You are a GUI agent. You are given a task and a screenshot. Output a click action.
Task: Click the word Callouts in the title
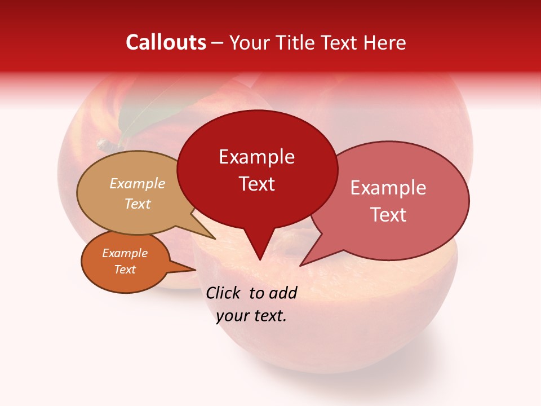click(166, 42)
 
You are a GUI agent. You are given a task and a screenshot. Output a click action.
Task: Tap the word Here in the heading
click(385, 42)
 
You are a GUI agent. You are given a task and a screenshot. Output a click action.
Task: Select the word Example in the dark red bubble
click(256, 157)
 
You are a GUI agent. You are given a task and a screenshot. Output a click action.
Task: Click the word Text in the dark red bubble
click(256, 184)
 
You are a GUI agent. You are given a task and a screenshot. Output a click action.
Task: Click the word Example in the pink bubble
click(388, 188)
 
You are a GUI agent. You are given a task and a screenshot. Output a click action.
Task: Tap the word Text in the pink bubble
click(388, 214)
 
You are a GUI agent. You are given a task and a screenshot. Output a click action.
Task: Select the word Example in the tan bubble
click(137, 184)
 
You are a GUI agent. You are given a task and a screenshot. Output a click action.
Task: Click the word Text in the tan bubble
click(137, 204)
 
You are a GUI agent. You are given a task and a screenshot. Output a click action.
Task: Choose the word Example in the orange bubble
click(125, 253)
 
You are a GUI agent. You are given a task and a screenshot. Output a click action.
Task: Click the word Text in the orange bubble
click(125, 270)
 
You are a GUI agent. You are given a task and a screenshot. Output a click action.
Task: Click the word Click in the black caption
click(224, 293)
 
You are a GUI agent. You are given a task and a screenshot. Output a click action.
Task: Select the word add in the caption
click(282, 293)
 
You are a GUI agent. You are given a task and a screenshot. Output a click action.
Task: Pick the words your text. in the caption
click(251, 316)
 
